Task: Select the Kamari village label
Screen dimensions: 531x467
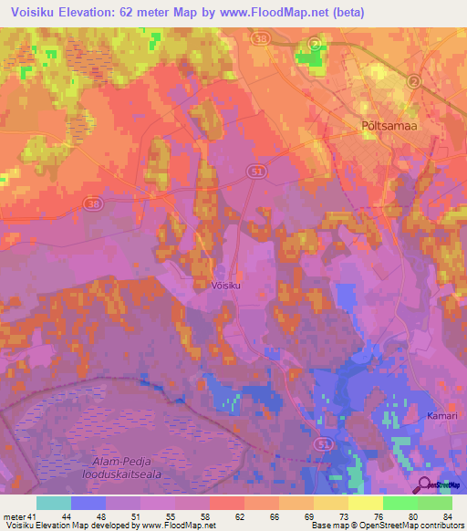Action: tap(441, 416)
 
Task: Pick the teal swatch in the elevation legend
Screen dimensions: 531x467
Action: tap(54, 503)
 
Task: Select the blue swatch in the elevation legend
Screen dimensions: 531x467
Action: tap(88, 503)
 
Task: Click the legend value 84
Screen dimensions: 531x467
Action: tap(447, 515)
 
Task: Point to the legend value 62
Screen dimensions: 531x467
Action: tap(240, 515)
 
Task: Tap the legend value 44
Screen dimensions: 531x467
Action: tap(67, 515)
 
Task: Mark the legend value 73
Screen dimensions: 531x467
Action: tap(344, 515)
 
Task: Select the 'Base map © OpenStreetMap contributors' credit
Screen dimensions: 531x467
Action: tap(384, 526)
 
